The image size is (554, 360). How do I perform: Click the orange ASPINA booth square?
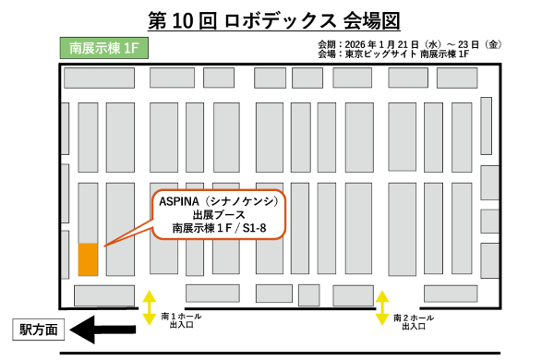tap(88, 258)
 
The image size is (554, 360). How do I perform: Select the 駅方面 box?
tap(39, 329)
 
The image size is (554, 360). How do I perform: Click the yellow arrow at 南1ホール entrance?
tap(150, 306)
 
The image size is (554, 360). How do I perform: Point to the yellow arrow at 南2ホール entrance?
tap(381, 306)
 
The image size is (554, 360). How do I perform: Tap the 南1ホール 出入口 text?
tap(179, 321)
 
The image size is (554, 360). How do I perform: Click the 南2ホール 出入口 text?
tap(412, 321)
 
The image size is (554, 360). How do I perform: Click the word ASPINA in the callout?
tap(179, 199)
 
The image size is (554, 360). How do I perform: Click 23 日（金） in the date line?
tap(478, 43)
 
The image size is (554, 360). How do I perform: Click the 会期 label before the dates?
tap(326, 43)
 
